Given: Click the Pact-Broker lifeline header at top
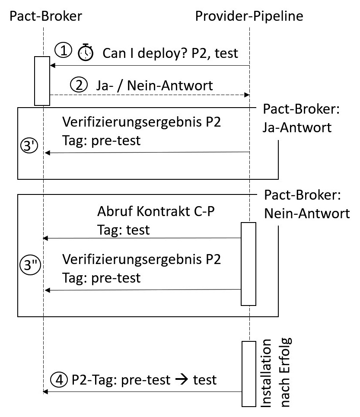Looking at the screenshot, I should tap(45, 16).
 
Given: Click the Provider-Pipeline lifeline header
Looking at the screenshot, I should tap(249, 16).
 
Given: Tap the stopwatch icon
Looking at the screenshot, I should tap(85, 53).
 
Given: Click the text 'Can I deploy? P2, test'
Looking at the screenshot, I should tap(170, 53).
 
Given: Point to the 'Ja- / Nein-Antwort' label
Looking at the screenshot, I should tap(154, 85).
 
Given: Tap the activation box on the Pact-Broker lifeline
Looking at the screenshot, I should tap(42, 80).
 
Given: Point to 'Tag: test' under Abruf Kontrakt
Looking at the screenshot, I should tap(123, 230).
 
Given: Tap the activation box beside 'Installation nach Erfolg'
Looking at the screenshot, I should tap(248, 373).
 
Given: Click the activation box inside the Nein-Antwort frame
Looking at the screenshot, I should tap(248, 263).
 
